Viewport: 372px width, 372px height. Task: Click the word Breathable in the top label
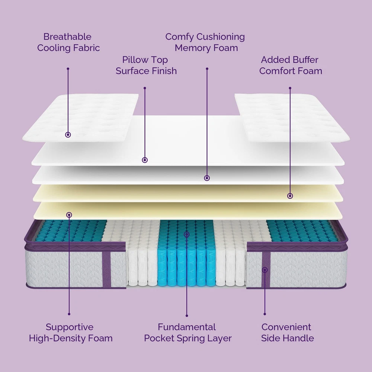pyautogui.click(x=67, y=37)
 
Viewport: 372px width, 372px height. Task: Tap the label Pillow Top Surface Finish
pyautogui.click(x=146, y=65)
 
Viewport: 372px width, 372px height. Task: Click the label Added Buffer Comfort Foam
pyautogui.click(x=291, y=65)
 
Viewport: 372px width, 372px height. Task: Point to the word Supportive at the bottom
pyautogui.click(x=70, y=327)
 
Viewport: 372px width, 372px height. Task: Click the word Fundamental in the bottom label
pyautogui.click(x=187, y=327)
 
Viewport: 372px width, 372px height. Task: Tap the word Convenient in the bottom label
pyautogui.click(x=286, y=327)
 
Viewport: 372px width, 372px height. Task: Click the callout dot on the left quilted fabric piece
pyautogui.click(x=68, y=135)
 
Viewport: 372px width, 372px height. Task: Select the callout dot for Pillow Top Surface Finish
pyautogui.click(x=145, y=160)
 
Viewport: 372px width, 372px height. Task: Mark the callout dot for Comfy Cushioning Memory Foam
pyautogui.click(x=207, y=178)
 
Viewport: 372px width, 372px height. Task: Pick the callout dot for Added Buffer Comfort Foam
pyautogui.click(x=290, y=196)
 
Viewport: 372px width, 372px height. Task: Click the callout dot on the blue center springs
pyautogui.click(x=187, y=234)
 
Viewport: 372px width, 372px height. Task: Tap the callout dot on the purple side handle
pyautogui.click(x=264, y=270)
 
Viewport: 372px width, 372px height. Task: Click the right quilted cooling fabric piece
pyautogui.click(x=292, y=117)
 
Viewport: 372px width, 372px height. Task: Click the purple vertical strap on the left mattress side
pyautogui.click(x=106, y=269)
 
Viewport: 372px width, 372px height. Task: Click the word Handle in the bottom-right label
pyautogui.click(x=299, y=338)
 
